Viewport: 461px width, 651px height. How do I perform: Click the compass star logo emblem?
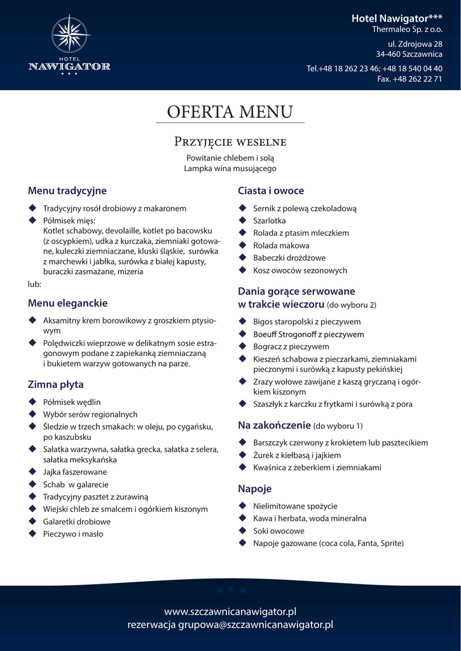69,35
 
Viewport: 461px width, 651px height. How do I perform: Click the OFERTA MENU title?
230,111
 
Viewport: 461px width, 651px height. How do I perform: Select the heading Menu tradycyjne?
67,191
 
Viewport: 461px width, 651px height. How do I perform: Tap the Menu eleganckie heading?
68,303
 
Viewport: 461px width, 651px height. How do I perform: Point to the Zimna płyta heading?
56,385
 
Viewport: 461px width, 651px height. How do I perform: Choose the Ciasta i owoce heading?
271,191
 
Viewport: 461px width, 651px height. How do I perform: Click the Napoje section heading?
255,489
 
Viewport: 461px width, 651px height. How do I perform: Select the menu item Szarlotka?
270,221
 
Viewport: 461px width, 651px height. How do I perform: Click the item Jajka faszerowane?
75,472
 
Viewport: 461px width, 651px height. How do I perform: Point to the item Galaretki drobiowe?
77,521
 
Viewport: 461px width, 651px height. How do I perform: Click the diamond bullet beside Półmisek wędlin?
32,402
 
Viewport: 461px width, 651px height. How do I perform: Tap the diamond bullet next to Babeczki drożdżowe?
242,257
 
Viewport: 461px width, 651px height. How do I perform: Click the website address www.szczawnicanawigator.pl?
230,612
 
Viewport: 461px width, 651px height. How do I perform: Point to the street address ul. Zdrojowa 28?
415,44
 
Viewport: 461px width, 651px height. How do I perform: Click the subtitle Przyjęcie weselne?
230,140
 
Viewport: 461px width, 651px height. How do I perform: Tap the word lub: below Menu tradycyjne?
34,284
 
